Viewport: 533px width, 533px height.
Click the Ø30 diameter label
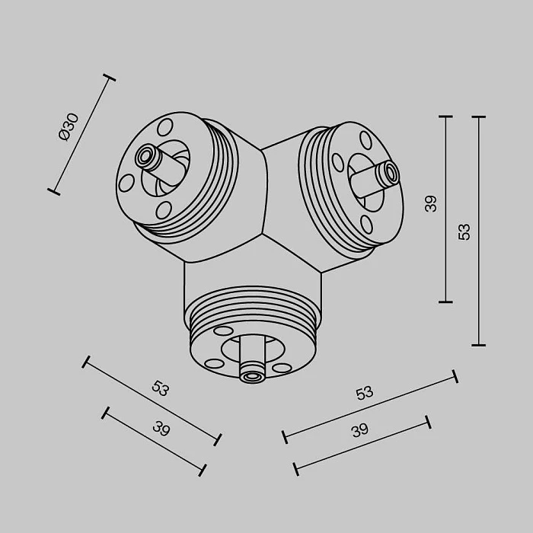[68, 126]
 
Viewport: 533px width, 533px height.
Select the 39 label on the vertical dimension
[431, 204]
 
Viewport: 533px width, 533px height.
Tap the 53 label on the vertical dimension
[464, 231]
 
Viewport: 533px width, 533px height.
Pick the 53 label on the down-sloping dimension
[160, 388]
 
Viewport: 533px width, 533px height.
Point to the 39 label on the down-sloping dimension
[161, 428]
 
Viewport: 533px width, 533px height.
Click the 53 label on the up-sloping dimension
[365, 393]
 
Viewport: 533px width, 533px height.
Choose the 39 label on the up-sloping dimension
[360, 430]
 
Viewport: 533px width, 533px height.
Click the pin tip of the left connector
[143, 156]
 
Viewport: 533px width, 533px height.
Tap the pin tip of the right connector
[391, 174]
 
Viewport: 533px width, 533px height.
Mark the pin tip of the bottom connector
[252, 374]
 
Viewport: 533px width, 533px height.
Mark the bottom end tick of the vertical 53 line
[479, 345]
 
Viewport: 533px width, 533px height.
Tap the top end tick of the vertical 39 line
[446, 117]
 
